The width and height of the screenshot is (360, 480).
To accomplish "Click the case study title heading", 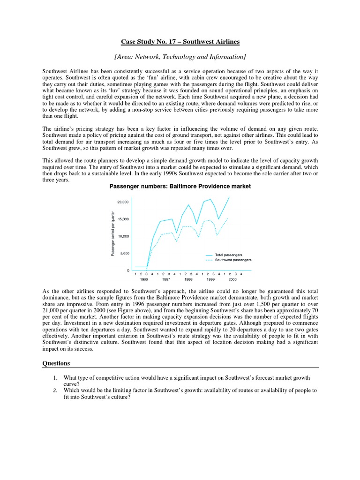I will pyautogui.click(x=180, y=42).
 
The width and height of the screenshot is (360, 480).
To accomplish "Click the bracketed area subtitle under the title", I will pyautogui.click(x=180, y=57).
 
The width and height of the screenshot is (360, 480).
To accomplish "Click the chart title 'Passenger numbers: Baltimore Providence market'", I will pyautogui.click(x=180, y=186).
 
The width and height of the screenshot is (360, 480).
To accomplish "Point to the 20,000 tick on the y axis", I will pyautogui.click(x=123, y=202).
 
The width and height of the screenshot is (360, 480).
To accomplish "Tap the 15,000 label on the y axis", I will pyautogui.click(x=123, y=219).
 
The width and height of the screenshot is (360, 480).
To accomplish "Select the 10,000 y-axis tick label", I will pyautogui.click(x=123, y=236).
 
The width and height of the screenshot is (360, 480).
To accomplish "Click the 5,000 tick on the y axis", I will pyautogui.click(x=124, y=254).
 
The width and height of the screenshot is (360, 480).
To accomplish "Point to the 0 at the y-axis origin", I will pyautogui.click(x=127, y=271).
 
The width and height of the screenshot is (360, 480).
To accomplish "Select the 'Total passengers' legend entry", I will pyautogui.click(x=228, y=255).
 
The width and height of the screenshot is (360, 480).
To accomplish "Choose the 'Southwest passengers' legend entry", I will pyautogui.click(x=233, y=260).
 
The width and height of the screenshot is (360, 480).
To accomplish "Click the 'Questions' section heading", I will pyautogui.click(x=56, y=363).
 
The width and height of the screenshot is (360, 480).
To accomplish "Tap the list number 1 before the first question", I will pyautogui.click(x=55, y=377).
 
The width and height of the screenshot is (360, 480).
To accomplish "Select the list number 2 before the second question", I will pyautogui.click(x=55, y=390).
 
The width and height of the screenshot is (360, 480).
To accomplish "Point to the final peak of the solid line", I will pyautogui.click(x=230, y=197).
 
